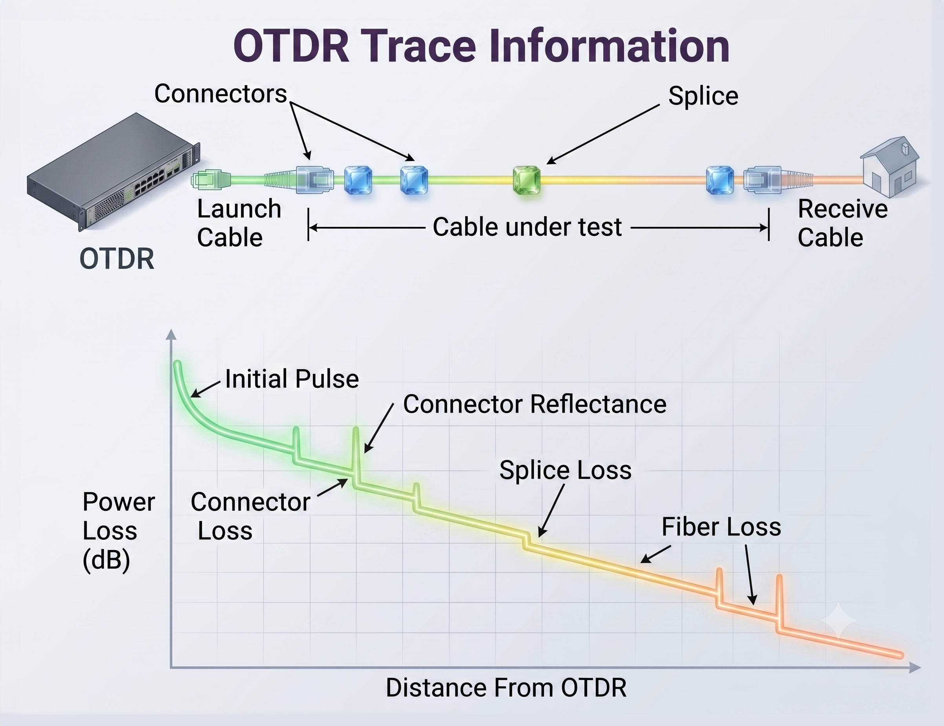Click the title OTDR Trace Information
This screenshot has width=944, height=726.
tap(481, 46)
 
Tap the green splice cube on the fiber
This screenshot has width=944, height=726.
tap(526, 180)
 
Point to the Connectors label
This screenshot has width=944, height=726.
tap(221, 93)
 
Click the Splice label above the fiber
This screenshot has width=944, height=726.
tap(703, 96)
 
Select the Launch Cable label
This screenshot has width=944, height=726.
tap(239, 223)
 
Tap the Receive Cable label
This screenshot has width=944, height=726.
tap(842, 223)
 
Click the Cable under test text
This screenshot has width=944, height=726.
tap(527, 227)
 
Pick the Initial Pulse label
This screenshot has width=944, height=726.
tap(292, 379)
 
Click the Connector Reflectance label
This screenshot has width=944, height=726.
tap(535, 404)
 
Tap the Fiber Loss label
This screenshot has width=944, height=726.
tap(721, 527)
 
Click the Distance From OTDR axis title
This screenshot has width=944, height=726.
tap(506, 688)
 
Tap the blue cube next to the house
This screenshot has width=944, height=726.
tap(720, 180)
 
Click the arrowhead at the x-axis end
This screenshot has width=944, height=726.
tap(915, 667)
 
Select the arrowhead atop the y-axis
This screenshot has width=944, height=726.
tap(171, 335)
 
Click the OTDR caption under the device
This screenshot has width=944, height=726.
tap(117, 259)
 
